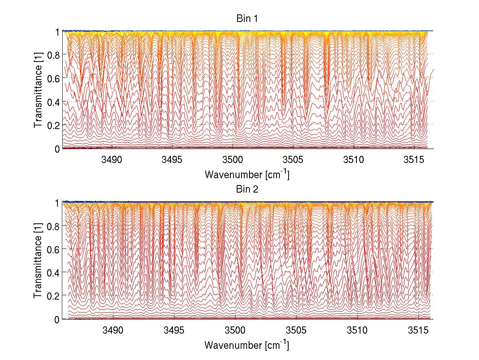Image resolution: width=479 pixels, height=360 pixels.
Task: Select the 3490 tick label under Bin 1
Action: [x=113, y=159]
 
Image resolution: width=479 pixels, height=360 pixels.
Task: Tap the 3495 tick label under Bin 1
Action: [x=174, y=159]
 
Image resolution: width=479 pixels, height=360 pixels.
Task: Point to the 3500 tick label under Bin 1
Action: [x=235, y=159]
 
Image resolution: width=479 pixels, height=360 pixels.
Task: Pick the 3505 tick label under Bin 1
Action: [x=296, y=159]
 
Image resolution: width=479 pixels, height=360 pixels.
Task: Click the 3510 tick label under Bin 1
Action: [x=357, y=159]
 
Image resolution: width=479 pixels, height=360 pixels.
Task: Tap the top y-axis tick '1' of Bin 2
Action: [x=57, y=202]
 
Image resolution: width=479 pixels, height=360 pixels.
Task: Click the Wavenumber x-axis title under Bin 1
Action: [x=247, y=175]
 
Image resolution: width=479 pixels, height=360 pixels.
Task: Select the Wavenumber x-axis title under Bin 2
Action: [x=247, y=345]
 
